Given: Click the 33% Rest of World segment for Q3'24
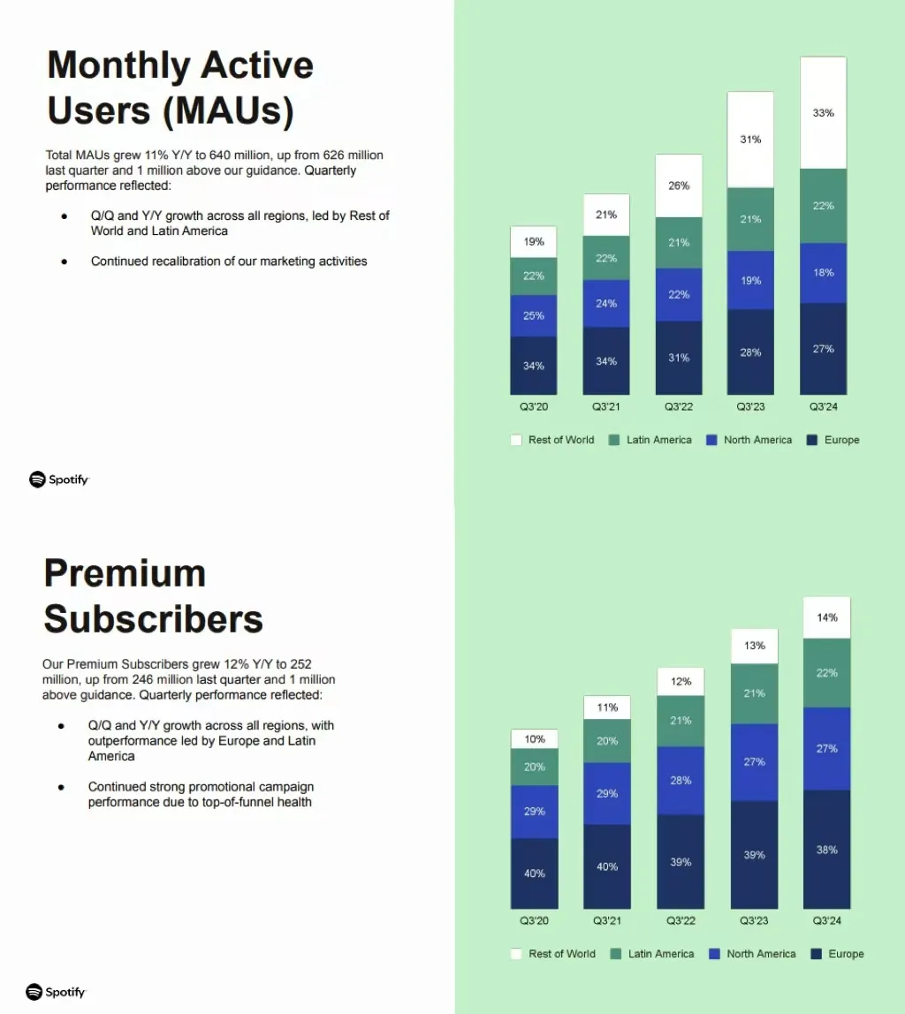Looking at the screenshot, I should [x=823, y=113].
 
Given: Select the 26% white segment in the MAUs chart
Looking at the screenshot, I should [x=679, y=186].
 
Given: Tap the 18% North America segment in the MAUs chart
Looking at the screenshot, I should [x=823, y=273].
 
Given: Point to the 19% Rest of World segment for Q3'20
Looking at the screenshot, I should [x=534, y=242].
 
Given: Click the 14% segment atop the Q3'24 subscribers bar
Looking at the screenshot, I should [x=826, y=618].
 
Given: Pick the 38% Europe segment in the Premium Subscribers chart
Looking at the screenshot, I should [x=826, y=850].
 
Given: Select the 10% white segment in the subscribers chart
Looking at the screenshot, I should [x=535, y=739].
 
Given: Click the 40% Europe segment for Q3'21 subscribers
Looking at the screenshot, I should [x=607, y=866].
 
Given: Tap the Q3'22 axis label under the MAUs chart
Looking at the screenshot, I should [x=679, y=407].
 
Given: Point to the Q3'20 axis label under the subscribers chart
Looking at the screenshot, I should [x=535, y=921].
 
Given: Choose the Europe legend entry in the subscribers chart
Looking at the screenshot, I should [x=837, y=954].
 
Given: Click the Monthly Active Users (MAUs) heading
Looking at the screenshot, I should [x=180, y=88].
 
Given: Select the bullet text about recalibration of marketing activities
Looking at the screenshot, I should [x=229, y=261].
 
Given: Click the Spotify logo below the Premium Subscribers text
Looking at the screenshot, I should [x=57, y=992].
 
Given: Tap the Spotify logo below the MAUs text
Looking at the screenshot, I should [x=59, y=480].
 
